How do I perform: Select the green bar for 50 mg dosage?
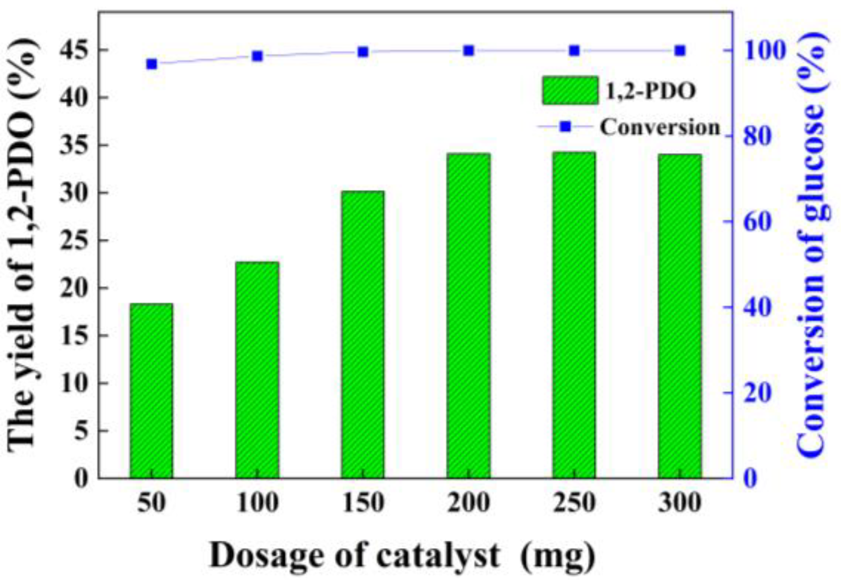click(x=151, y=391)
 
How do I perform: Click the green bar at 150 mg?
click(x=362, y=335)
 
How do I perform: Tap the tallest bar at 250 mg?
click(x=574, y=315)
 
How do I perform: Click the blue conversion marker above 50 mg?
click(x=151, y=64)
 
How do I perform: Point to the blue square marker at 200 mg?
click(x=469, y=51)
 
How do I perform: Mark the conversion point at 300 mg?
click(x=680, y=51)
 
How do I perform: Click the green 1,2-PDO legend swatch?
click(x=570, y=91)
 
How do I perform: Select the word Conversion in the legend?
click(x=660, y=127)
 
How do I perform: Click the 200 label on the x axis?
click(x=468, y=503)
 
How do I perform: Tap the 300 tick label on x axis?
click(x=680, y=503)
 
